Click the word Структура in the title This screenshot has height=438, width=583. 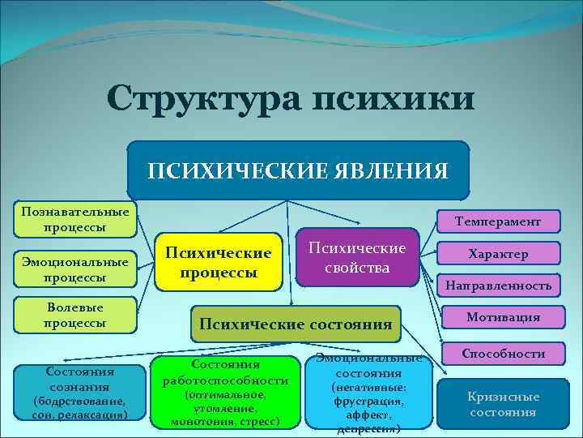tap(202, 100)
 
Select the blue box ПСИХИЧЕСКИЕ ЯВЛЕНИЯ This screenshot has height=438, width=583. tap(298, 171)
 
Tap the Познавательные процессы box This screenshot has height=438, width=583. tap(75, 219)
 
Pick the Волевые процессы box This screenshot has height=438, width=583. tap(75, 314)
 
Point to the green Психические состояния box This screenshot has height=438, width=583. tap(296, 324)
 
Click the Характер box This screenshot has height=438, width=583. tap(498, 254)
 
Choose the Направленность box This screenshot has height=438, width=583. tap(498, 285)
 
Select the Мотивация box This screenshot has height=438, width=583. tap(498, 317)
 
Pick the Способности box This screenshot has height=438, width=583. tap(503, 354)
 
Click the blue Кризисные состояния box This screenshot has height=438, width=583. tap(503, 404)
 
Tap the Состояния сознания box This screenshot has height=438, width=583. tap(79, 393)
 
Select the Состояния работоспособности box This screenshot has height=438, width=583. tap(226, 393)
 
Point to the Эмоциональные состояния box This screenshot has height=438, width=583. tap(368, 393)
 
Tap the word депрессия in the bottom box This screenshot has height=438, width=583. tap(368, 428)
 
